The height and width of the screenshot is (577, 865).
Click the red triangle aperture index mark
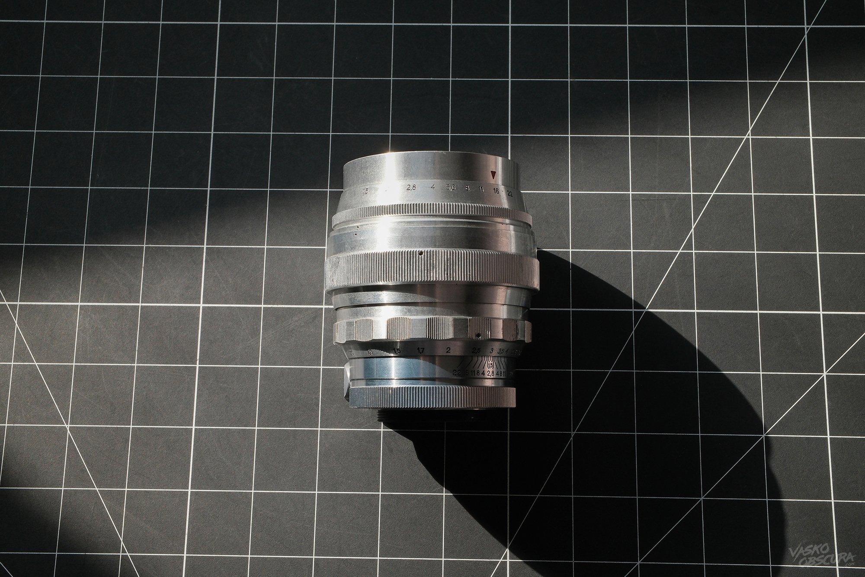point(493,175)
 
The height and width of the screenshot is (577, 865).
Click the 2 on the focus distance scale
point(449,350)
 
